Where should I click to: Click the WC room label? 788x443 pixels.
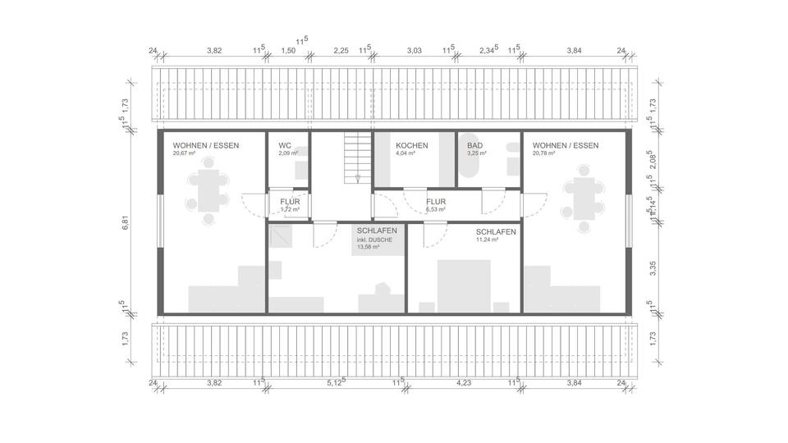285,145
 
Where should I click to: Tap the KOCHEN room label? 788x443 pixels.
411,145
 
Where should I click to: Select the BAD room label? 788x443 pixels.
475,145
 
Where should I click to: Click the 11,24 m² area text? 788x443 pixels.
488,241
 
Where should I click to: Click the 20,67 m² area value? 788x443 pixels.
184,153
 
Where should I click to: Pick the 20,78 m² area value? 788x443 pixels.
544,153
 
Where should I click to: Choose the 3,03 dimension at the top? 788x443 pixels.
415,51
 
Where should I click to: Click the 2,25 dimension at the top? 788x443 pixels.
341,51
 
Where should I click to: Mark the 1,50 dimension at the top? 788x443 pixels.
288,51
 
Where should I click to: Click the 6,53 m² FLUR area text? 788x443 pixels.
435,209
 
